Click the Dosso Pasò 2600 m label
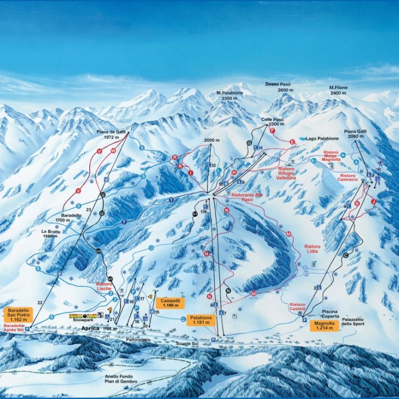(x=278, y=87)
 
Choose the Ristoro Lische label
(x=104, y=286)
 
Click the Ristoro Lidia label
(x=312, y=250)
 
